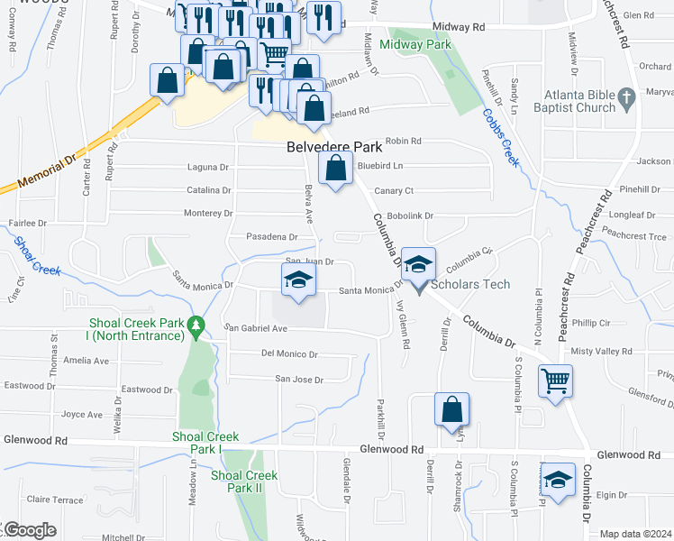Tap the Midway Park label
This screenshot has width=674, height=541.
pyautogui.click(x=414, y=44)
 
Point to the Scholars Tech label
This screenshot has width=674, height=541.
pyautogui.click(x=470, y=284)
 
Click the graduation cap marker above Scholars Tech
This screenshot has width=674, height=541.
pyautogui.click(x=418, y=264)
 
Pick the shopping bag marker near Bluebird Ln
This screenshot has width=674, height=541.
pyautogui.click(x=335, y=168)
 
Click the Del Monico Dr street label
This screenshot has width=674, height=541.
pyautogui.click(x=290, y=354)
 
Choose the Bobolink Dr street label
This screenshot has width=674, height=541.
pyautogui.click(x=411, y=216)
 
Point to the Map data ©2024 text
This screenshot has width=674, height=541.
pyautogui.click(x=635, y=534)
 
